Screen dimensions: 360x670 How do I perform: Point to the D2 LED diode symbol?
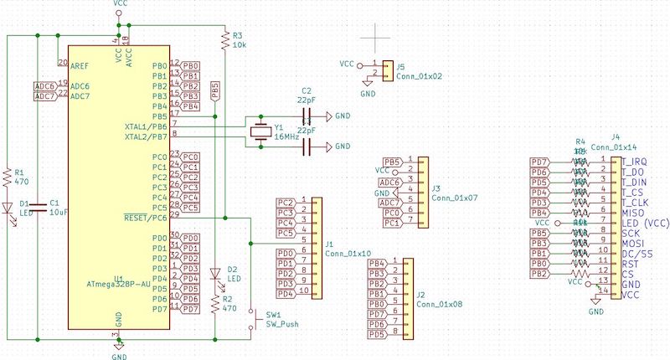point(216,275)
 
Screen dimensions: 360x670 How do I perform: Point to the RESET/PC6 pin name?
point(146,218)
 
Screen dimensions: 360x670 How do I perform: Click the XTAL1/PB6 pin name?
point(146,126)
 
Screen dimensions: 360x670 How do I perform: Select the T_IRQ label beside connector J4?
point(634,161)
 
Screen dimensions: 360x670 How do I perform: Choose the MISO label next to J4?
point(632,213)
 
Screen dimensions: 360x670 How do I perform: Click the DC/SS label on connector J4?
point(636,253)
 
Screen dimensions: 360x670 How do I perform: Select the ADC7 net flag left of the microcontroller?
point(44,96)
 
